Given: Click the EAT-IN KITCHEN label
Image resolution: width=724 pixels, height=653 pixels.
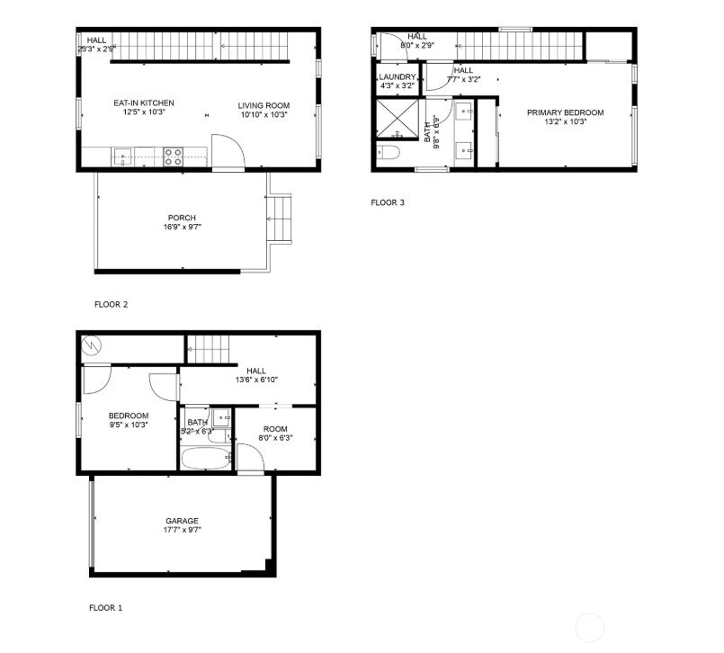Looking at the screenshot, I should pos(144,103).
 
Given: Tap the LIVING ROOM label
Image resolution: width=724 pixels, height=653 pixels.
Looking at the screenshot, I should pos(264,103).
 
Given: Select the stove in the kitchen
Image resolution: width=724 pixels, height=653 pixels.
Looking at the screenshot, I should pos(174,157).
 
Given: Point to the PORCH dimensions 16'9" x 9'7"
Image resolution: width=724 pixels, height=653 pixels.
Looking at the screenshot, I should pos(182,228).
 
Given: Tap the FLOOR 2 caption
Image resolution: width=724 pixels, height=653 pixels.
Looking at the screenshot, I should pos(111,304).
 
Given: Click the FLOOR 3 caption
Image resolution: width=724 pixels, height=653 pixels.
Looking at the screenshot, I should pos(388,202).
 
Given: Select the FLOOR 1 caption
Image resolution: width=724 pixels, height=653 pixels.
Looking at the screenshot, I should pos(105,608).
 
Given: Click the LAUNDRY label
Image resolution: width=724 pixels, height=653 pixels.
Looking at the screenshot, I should pos(396,77).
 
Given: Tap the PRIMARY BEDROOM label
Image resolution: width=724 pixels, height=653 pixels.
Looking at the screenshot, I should pos(565,112).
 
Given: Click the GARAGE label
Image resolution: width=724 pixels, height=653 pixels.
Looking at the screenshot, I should pos(182,521).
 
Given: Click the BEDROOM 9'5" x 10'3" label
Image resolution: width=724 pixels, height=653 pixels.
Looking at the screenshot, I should pos(129,416).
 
